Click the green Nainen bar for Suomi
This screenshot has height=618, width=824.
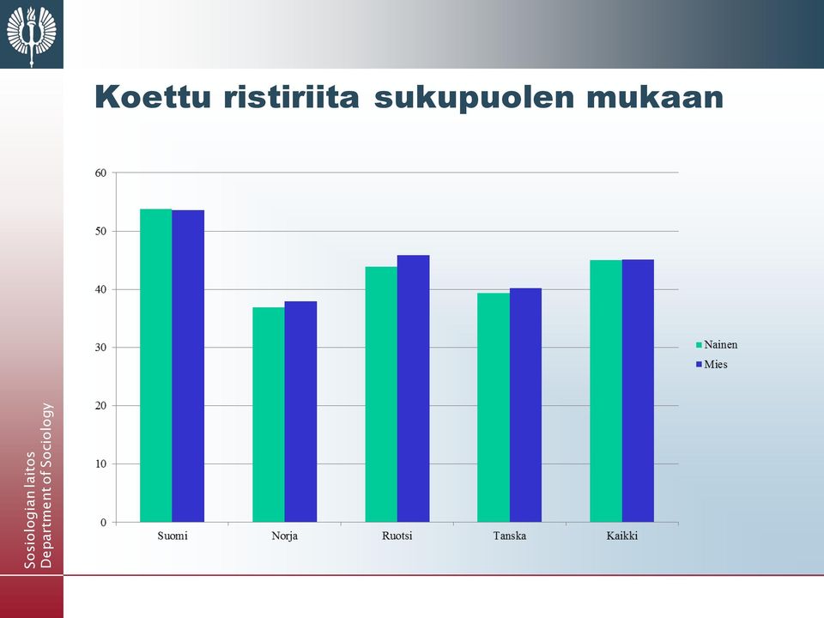(x=156, y=366)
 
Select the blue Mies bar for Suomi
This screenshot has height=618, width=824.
(x=188, y=366)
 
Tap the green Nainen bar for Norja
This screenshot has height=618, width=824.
(x=269, y=415)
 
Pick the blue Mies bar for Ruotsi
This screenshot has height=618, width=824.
(x=413, y=388)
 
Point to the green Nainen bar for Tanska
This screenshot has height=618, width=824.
(x=494, y=407)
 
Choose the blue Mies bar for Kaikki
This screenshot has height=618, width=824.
(x=638, y=391)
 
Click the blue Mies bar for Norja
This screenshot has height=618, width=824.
(x=300, y=411)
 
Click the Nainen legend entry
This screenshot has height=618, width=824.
(x=716, y=345)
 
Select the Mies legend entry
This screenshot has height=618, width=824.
(x=712, y=364)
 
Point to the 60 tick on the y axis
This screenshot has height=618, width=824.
(x=100, y=173)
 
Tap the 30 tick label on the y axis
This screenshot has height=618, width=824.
(x=100, y=348)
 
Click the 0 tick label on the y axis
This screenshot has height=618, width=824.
(x=104, y=523)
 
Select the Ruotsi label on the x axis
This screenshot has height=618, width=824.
(x=397, y=536)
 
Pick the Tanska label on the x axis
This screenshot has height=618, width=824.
(x=510, y=536)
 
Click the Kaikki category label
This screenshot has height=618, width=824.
(x=622, y=536)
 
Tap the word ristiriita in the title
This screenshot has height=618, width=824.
(x=292, y=97)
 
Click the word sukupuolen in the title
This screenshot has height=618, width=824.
(x=475, y=98)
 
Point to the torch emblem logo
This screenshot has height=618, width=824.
(x=32, y=34)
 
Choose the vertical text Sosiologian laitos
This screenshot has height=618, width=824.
(x=30, y=510)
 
